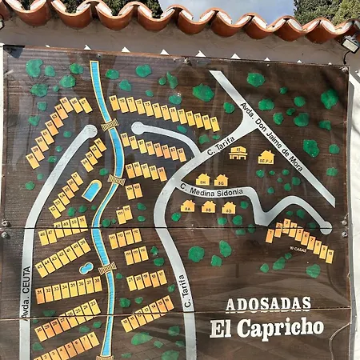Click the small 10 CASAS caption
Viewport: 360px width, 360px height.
tap(298, 249)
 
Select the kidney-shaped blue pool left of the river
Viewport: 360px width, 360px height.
tap(91, 190)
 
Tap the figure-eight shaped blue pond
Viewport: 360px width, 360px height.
tap(86, 268)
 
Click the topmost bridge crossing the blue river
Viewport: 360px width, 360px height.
tap(109, 125)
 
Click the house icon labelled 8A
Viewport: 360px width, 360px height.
tap(187, 206)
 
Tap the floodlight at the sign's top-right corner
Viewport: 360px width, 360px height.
tap(349, 44)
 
